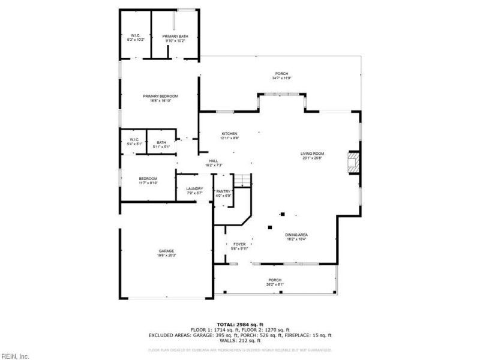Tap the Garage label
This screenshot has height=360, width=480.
(167, 253)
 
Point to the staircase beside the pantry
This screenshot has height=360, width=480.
(242, 179)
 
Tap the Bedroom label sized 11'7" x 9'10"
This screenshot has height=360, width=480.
(148, 181)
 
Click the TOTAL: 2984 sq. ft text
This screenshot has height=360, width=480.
(239, 325)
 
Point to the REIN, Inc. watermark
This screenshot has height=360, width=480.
(15, 356)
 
